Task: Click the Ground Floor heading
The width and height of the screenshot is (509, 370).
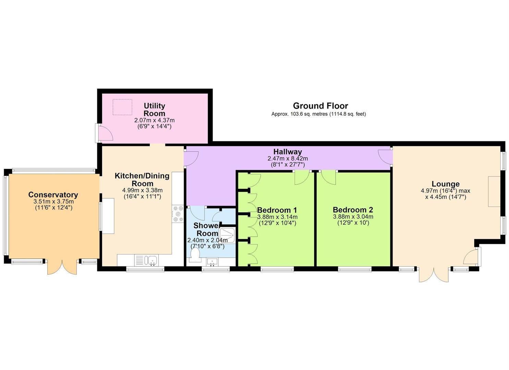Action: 320,106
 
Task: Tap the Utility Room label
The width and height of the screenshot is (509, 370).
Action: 155,110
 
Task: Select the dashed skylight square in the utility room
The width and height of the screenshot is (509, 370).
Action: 122,107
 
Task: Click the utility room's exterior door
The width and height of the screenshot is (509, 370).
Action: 104,133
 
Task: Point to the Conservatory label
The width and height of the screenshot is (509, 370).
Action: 53,195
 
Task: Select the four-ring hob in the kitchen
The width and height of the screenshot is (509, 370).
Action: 178,213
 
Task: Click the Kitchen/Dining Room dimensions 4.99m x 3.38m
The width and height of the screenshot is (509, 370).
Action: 143,190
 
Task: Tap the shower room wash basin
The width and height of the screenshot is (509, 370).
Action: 212,262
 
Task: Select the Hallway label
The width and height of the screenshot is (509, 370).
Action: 288,151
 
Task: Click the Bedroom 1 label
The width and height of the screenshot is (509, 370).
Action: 277,210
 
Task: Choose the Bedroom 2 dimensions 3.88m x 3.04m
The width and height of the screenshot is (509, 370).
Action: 353,217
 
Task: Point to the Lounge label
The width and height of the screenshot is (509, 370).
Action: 446,184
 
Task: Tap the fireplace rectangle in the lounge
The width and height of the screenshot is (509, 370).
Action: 495,192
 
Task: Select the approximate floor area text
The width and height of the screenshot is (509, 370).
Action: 318,114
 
